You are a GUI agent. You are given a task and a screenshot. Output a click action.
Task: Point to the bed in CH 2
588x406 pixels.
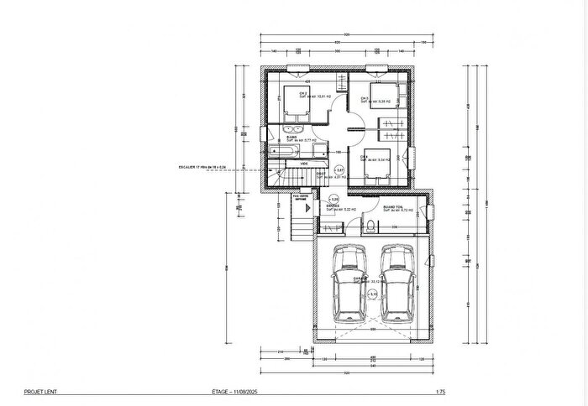pyautogui.click(x=294, y=101)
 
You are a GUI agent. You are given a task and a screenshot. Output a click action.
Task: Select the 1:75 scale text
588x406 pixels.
pyautogui.click(x=440, y=392)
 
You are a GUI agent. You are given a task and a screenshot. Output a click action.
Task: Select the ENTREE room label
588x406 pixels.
pyautogui.click(x=332, y=206)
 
